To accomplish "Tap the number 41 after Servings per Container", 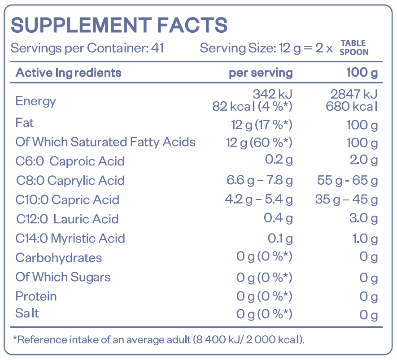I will [157, 48].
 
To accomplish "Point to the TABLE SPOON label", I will [354, 48].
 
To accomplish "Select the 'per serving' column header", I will [261, 73].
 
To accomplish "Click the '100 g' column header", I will [362, 73].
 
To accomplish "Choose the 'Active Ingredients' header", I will [68, 73].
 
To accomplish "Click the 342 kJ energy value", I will [272, 94].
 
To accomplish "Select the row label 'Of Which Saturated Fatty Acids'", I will [105, 142].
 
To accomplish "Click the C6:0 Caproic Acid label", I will [70, 161].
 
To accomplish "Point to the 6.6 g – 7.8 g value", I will [260, 181].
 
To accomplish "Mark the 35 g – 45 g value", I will [346, 200].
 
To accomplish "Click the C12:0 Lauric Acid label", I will [68, 219].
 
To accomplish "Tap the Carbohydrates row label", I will [58, 258].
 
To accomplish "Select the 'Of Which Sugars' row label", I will [63, 277].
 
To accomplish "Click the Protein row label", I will [36, 296].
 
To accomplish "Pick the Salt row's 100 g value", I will [369, 315].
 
